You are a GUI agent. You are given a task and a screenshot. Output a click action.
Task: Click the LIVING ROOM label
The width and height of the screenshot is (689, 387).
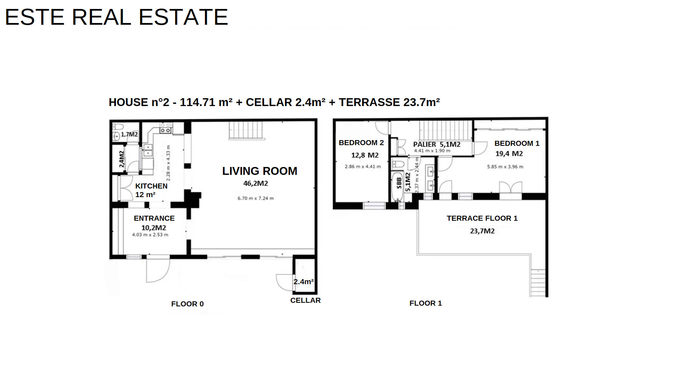[259, 171]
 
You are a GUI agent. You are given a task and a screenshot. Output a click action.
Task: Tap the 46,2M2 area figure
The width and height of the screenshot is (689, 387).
[256, 183]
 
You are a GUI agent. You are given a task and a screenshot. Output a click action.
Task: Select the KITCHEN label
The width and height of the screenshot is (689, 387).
[151, 186]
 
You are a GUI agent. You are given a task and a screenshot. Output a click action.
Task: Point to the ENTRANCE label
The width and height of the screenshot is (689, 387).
[154, 218]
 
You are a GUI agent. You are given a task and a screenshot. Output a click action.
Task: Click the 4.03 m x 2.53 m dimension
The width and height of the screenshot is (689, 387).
[150, 235]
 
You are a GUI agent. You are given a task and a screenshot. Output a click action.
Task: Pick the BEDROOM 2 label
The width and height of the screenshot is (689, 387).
[361, 143]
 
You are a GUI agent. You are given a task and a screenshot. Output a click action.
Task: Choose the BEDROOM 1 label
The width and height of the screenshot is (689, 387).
[517, 143]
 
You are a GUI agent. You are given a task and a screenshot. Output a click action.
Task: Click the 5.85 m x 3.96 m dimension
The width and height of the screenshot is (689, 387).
[505, 167]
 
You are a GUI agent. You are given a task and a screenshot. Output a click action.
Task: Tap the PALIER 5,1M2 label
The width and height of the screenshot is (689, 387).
[436, 144]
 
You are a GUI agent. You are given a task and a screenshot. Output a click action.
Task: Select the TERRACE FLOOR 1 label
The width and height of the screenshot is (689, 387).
[482, 218]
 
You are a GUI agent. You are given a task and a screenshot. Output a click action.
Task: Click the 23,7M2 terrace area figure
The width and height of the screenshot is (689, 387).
[482, 231]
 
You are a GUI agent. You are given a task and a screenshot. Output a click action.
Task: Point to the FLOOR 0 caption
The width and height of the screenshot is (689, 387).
[187, 304]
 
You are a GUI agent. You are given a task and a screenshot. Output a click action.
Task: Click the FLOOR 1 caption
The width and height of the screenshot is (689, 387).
[426, 303]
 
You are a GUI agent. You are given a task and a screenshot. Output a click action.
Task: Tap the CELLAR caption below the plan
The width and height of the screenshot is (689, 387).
[305, 300]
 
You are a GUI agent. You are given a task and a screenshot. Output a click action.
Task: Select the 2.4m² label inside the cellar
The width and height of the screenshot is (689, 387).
[304, 282]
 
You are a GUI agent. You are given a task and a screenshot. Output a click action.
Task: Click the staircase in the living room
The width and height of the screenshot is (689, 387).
[247, 130]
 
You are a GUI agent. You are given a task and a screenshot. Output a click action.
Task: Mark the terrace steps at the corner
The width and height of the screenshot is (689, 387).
[538, 283]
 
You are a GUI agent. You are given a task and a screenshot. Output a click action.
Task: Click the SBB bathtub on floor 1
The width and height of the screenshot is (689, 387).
[397, 187]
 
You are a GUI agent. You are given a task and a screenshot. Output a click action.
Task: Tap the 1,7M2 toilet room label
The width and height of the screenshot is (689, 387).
[129, 134]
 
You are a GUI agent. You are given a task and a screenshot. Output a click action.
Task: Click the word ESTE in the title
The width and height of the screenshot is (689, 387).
[34, 17]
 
